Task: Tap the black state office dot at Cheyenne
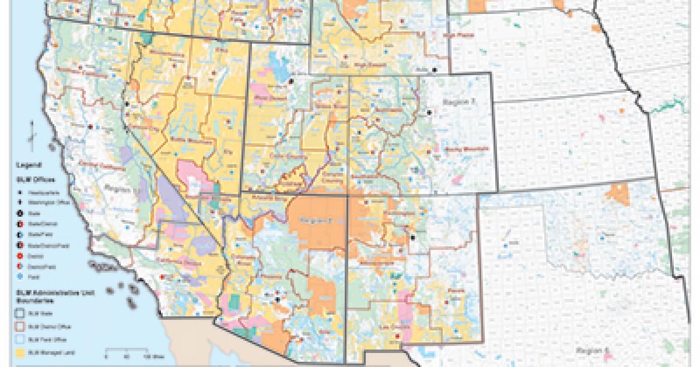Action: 434,70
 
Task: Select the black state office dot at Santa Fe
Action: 412,238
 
